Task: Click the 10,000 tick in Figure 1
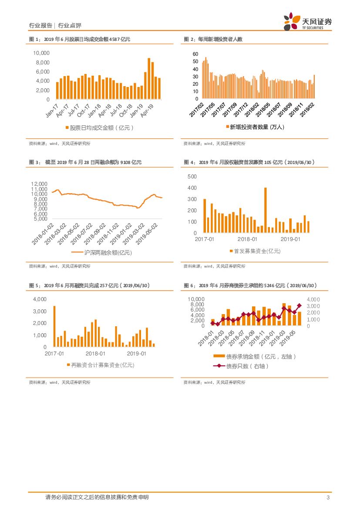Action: point(42,53)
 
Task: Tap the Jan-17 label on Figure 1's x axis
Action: point(52,111)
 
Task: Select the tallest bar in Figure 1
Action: point(149,78)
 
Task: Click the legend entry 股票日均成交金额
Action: point(99,127)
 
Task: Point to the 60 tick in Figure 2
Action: point(195,54)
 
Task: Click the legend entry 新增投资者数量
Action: point(255,127)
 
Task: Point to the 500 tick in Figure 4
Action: point(192,177)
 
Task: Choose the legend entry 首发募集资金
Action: point(255,251)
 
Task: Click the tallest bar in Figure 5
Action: point(54,326)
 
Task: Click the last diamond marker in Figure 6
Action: point(299,305)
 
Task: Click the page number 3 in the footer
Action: point(328,497)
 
